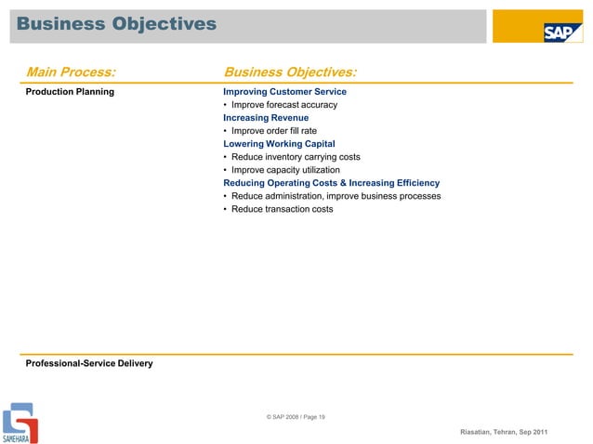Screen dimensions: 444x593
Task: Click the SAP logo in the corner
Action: tap(561, 32)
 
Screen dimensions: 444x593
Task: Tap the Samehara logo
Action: tap(19, 423)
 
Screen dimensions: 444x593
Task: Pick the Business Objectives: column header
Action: tap(291, 72)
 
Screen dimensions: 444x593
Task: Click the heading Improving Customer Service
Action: tap(284, 92)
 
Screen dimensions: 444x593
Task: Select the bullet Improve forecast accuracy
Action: tap(283, 105)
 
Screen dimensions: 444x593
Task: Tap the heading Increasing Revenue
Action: tap(266, 118)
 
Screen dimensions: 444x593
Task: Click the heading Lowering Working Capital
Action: tap(279, 144)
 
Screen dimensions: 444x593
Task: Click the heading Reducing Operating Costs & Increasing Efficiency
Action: tap(331, 183)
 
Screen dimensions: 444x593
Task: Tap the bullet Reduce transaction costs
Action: tap(282, 209)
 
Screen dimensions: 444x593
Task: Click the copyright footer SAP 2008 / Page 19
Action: tap(296, 417)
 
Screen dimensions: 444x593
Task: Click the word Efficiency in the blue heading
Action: tap(415, 183)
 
